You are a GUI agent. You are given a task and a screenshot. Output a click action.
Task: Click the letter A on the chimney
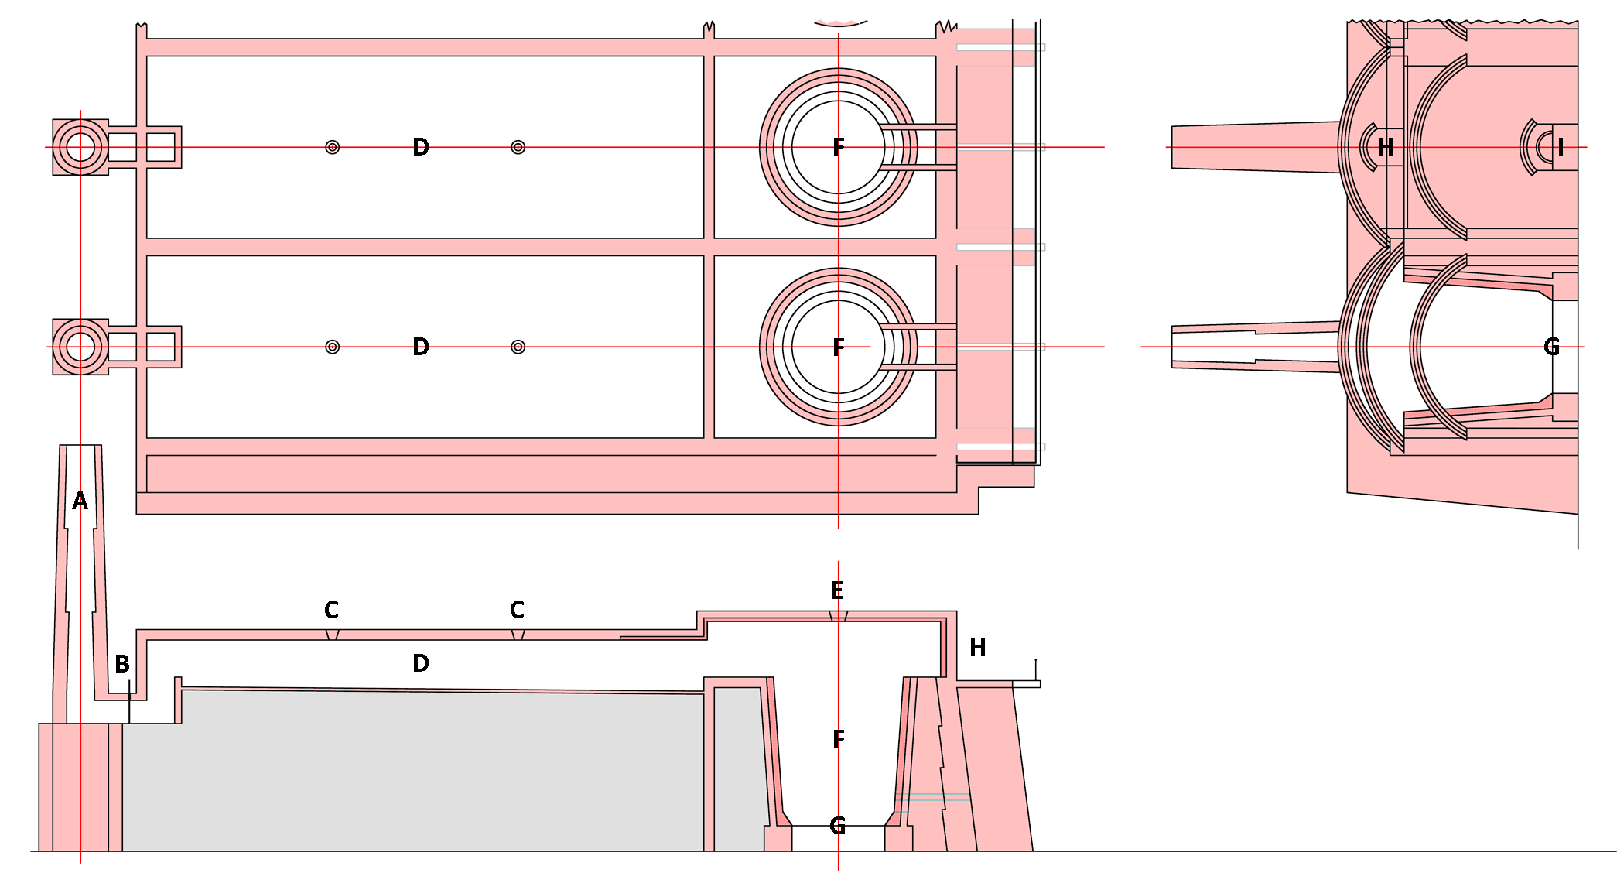coord(80,501)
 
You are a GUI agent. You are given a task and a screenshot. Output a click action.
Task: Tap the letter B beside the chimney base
coord(122,664)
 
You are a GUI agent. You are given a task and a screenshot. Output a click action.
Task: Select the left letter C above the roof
coord(331,610)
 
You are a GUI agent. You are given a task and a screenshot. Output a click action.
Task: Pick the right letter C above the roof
coord(517,610)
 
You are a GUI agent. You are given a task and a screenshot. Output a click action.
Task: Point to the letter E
coord(836,591)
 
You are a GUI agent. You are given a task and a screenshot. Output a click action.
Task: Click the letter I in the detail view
coord(1561,147)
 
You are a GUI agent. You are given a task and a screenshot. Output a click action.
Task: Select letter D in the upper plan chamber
coord(420,147)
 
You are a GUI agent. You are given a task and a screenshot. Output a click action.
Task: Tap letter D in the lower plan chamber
coord(420,347)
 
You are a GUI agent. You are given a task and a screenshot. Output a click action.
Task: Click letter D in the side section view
coord(420,663)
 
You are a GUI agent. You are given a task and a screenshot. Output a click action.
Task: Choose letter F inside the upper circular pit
coord(839,147)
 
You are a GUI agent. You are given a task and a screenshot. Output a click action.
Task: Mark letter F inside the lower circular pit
coord(839,347)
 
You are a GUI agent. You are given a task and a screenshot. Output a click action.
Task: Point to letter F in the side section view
coord(839,739)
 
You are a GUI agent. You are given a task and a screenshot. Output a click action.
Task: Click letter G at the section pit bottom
coord(837,826)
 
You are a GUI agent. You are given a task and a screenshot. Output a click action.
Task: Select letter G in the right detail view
coord(1551,347)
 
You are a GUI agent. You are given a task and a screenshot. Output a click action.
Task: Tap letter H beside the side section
coord(978,647)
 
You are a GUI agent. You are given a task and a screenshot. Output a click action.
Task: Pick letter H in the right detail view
coord(1385,147)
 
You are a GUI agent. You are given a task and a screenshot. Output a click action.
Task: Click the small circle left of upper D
coord(333,147)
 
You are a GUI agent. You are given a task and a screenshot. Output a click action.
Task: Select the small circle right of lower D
coord(518,347)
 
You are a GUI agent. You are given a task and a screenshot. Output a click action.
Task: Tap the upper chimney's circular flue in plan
coord(80,147)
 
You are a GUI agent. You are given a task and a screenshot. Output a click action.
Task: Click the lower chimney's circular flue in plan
coord(80,347)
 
